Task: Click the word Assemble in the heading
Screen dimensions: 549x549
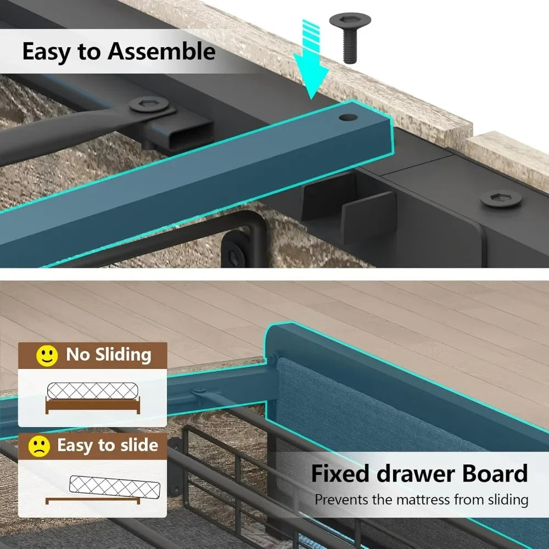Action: pos(161,51)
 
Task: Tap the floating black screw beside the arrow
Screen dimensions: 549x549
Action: pos(350,38)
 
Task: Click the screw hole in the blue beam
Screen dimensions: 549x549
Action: pos(348,117)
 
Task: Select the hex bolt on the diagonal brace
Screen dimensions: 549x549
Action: pos(149,104)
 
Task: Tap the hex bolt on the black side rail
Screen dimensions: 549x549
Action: pos(500,198)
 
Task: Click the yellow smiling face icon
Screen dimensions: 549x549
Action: pos(47,356)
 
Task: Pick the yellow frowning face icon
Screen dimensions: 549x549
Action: pos(39,446)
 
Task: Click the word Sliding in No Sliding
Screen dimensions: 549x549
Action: pos(123,355)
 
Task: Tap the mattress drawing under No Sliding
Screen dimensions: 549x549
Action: pos(92,391)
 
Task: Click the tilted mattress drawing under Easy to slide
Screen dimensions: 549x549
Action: pos(115,487)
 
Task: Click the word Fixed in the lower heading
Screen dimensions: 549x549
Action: pos(340,473)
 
